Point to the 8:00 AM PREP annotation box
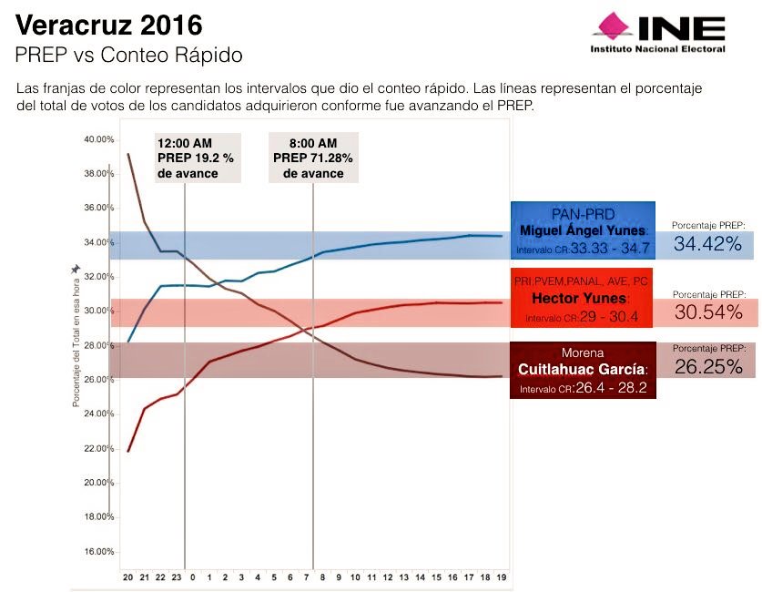[313, 158]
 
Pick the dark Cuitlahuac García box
[583, 370]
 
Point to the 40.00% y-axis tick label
[99, 139]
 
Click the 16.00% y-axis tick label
[99, 552]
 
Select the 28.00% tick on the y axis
[99, 345]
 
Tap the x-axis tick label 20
[127, 577]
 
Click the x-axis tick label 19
[501, 577]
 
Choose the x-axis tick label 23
[177, 577]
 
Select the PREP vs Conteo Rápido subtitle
[128, 56]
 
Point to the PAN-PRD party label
[583, 213]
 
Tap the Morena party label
[583, 352]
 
